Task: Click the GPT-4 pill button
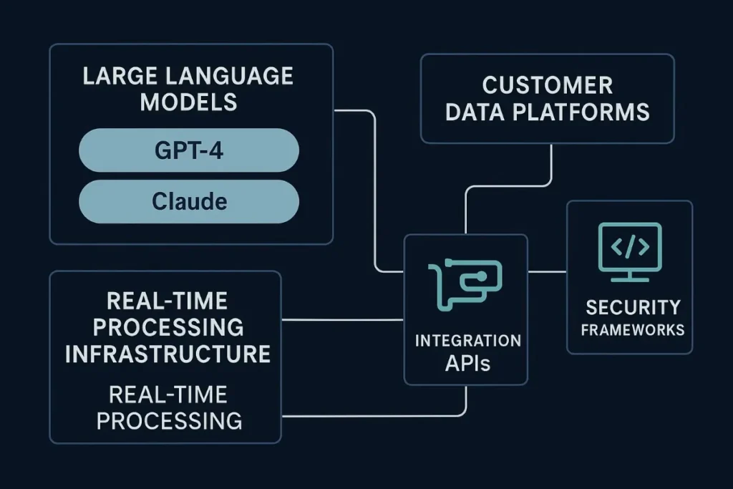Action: point(188,151)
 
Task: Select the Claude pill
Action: point(188,201)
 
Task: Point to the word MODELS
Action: point(188,102)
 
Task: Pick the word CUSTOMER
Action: point(547,85)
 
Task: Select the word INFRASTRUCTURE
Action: point(168,353)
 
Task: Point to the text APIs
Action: point(467,363)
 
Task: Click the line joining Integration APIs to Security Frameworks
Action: point(547,272)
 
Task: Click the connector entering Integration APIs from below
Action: point(466,401)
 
